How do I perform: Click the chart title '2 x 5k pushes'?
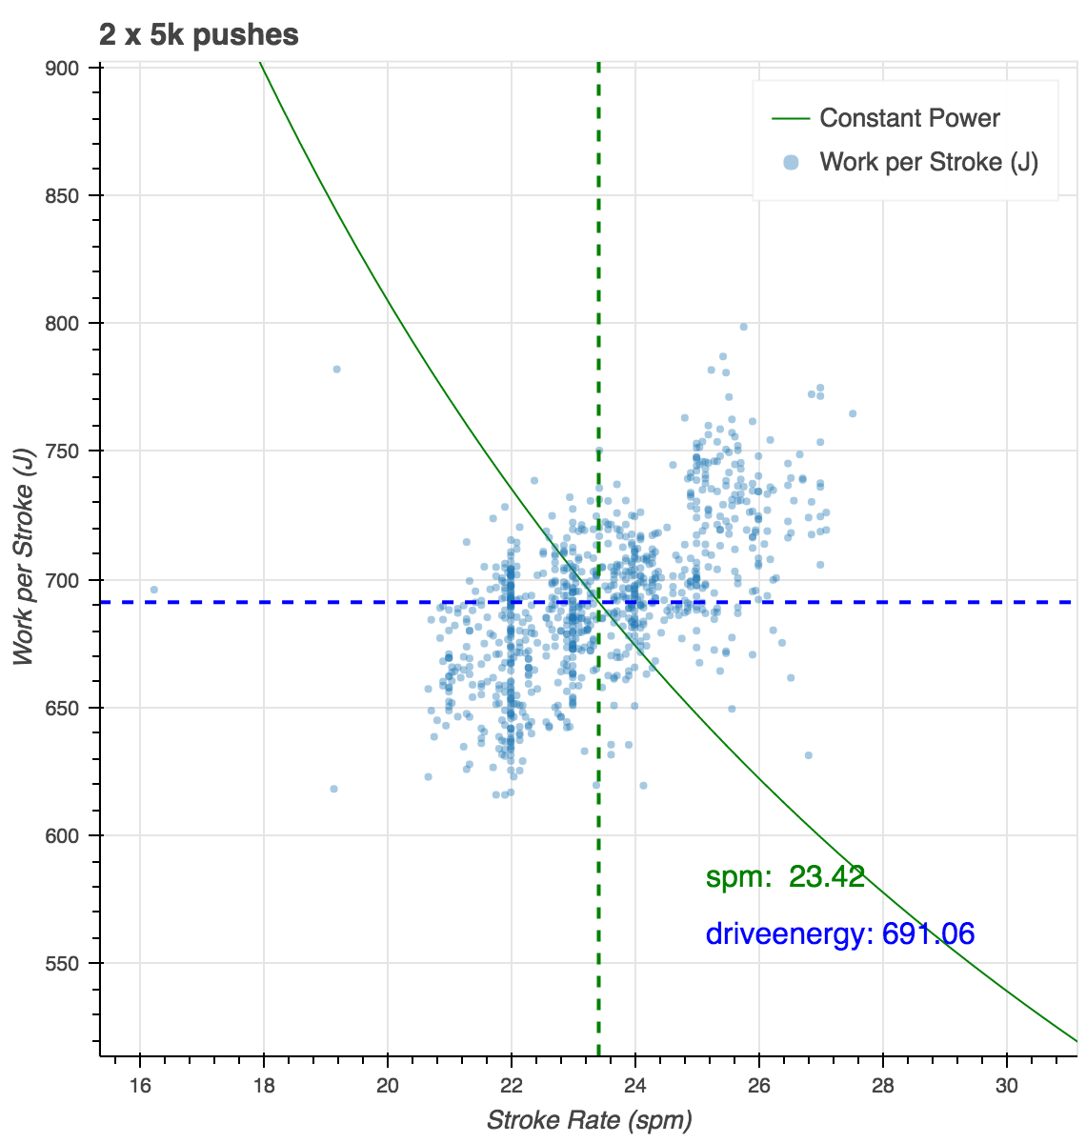tap(198, 36)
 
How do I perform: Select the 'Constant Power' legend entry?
tap(909, 118)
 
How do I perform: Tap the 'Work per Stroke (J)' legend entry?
tap(928, 162)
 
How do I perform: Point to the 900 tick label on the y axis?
tap(67, 68)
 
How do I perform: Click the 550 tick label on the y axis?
tap(67, 964)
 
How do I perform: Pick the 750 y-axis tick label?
tap(67, 451)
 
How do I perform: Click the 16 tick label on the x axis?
tap(140, 1087)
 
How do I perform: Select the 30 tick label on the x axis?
tap(1007, 1087)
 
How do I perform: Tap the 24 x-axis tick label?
tap(635, 1087)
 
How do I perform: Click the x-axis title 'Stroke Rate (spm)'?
tap(589, 1120)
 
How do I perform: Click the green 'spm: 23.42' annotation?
tap(785, 877)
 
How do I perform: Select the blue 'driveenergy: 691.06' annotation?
tap(840, 933)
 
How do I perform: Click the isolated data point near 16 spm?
tap(153, 590)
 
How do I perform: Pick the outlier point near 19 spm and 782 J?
tap(336, 369)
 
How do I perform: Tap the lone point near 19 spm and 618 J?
tap(333, 789)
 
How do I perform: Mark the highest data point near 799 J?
tap(744, 327)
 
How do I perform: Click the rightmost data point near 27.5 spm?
tap(853, 413)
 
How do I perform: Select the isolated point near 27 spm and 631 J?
tap(808, 755)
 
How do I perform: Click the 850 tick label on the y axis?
tap(67, 196)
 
